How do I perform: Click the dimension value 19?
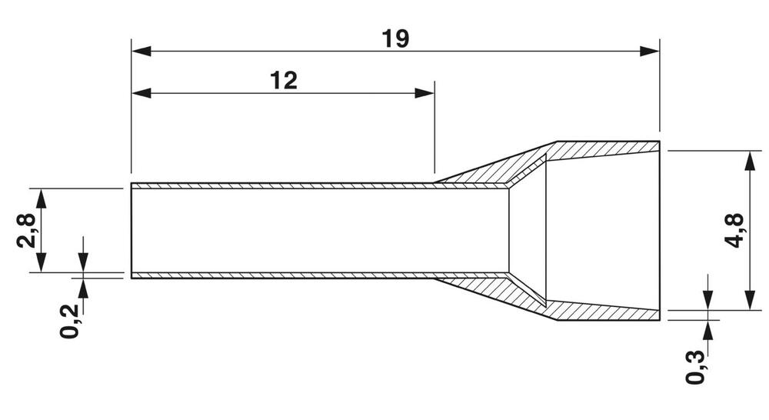395,39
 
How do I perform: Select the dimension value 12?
284,81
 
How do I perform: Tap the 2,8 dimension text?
26,230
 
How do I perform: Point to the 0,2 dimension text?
69,321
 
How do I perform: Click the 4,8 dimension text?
734,231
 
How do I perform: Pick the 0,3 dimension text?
695,368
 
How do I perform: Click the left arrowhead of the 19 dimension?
141,51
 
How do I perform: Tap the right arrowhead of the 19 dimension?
649,51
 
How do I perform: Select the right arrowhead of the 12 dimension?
424,93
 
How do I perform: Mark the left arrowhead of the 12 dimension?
141,93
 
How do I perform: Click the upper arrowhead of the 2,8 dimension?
42,198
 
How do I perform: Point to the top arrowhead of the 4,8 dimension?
749,161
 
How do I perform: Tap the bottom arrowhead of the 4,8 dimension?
749,300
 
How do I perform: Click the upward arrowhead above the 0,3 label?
707,330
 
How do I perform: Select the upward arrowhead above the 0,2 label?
83,288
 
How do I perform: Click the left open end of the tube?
131,231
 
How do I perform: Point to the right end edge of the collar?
660,231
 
